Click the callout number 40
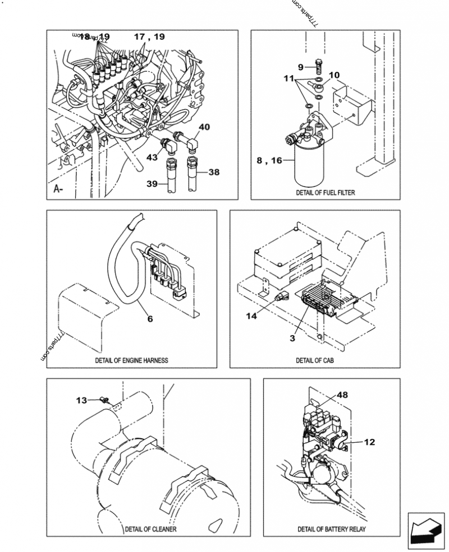click(x=204, y=127)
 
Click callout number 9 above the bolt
click(x=301, y=67)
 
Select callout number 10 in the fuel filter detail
click(x=334, y=75)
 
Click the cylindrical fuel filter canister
click(x=310, y=166)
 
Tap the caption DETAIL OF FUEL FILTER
click(x=326, y=192)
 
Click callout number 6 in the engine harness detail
click(x=150, y=319)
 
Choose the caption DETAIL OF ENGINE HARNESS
click(x=131, y=360)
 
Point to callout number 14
click(x=251, y=316)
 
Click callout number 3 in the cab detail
click(x=292, y=338)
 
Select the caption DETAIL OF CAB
click(x=315, y=360)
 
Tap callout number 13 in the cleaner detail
click(x=82, y=400)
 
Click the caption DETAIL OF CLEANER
click(x=150, y=529)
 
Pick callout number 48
click(x=342, y=395)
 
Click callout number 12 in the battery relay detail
click(x=369, y=442)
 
